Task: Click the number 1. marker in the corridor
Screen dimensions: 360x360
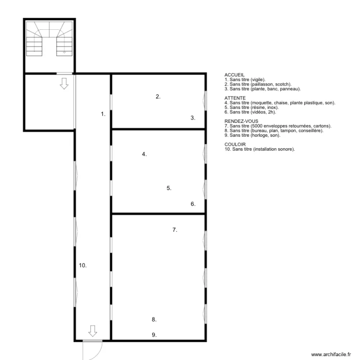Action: point(103,114)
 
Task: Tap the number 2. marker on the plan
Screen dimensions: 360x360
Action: point(158,96)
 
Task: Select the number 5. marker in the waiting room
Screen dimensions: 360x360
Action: point(169,188)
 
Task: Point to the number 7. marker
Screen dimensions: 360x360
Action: point(175,230)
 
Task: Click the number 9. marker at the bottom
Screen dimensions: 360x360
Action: point(154,335)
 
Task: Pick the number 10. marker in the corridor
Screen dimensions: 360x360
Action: point(83,265)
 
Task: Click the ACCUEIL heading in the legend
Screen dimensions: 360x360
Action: point(234,75)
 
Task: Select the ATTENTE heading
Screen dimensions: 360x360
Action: point(235,98)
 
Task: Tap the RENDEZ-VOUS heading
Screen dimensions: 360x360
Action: point(241,121)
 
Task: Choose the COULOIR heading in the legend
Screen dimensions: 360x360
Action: point(235,144)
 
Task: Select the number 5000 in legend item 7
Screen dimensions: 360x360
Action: point(257,126)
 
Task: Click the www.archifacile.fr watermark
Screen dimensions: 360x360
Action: point(331,355)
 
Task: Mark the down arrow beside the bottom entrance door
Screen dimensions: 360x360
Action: point(93,331)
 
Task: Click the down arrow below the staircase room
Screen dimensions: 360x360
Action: point(64,84)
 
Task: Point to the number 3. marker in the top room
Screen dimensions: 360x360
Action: point(193,118)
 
